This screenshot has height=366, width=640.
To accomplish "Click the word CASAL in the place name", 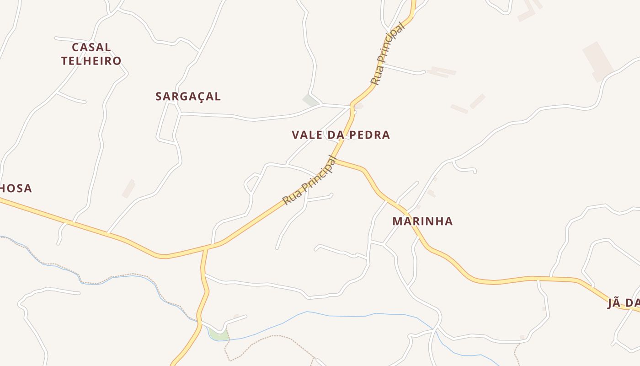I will tap(91, 48).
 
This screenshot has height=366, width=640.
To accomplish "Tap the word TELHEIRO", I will tap(91, 61).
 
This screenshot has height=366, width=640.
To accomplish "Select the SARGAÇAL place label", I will tap(188, 97).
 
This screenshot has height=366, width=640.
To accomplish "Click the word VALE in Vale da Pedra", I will tap(307, 135).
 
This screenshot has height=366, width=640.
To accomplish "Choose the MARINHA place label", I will tap(422, 221).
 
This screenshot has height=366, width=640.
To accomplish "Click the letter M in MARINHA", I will tap(397, 221).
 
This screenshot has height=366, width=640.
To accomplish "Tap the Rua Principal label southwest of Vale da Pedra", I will tap(309, 180).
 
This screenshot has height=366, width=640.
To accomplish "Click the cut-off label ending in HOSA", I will tap(16, 188).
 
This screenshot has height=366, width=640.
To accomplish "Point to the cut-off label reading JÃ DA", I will tap(623, 303).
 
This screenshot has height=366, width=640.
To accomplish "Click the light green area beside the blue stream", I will tap(219, 335).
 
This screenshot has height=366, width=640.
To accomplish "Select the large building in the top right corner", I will tap(598, 61).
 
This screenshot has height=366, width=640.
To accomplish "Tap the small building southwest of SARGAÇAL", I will tap(128, 188).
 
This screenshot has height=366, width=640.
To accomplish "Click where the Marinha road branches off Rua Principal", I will tap(336, 160).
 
